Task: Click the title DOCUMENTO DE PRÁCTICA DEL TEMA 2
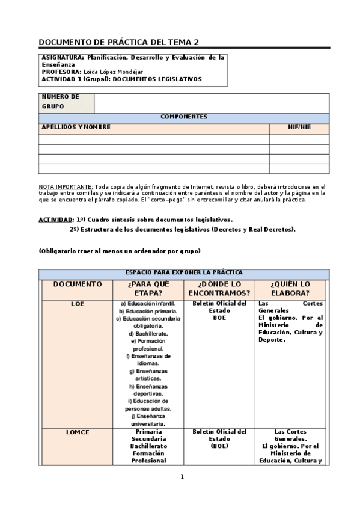click(118, 42)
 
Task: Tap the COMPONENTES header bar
click(184, 117)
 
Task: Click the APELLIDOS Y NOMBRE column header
click(76, 127)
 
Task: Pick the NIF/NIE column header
click(299, 127)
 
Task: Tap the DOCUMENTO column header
click(78, 284)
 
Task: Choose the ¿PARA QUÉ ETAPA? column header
click(149, 288)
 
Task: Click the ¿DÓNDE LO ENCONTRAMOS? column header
click(219, 288)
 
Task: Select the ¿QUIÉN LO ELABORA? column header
click(291, 288)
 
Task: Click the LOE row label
click(78, 304)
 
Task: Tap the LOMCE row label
click(78, 432)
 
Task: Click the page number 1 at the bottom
click(182, 477)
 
